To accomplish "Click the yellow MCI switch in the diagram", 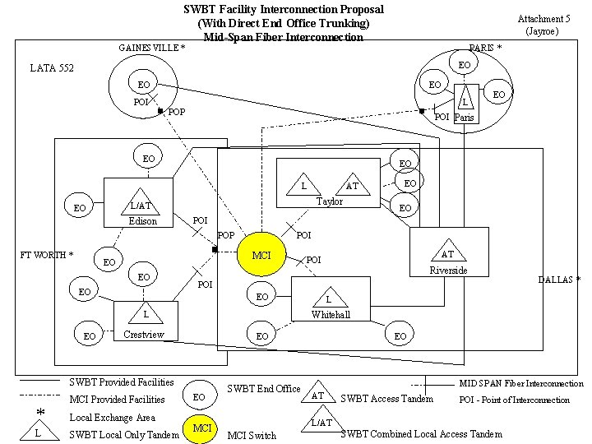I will [x=261, y=256].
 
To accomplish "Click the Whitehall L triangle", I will [x=329, y=300].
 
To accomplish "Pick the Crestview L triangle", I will [x=146, y=314].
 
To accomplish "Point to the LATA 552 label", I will [x=52, y=67].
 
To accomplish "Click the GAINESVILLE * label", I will [x=152, y=48].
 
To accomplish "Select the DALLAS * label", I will [x=559, y=280].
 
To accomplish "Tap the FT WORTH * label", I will [x=47, y=255].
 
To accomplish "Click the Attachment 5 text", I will [x=543, y=19].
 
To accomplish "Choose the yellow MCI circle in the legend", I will [x=201, y=428].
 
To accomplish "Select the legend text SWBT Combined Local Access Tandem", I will [x=421, y=433].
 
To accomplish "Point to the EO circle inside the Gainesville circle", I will [x=144, y=85].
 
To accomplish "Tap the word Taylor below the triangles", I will [x=330, y=201].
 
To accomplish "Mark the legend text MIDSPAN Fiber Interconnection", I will [x=520, y=384].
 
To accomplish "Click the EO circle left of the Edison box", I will [x=80, y=208].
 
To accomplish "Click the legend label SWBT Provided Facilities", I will [x=121, y=382].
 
